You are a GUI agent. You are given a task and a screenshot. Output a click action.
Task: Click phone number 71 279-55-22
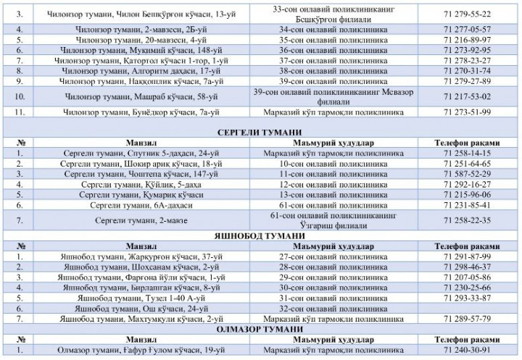coord(466,14)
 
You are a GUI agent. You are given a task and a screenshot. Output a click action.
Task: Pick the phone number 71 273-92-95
coord(466,50)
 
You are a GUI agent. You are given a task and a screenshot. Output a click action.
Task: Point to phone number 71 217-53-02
coord(466,96)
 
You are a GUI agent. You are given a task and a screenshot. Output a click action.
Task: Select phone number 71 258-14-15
coord(466,154)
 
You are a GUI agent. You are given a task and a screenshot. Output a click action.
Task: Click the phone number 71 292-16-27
coord(466,184)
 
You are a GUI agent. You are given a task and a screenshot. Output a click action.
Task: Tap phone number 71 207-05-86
coord(466,277)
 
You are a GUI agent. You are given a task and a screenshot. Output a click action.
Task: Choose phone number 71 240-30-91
coord(466,349)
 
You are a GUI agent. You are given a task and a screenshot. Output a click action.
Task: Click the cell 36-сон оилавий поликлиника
coord(312,50)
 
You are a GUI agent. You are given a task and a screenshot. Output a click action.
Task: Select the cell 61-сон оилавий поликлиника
coord(312,205)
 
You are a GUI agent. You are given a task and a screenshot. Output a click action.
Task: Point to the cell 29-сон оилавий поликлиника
coord(312,277)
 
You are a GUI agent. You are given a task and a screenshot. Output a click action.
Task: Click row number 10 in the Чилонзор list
coord(20,96)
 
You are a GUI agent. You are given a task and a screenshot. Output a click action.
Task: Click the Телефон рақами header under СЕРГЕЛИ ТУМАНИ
coord(466,143)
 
